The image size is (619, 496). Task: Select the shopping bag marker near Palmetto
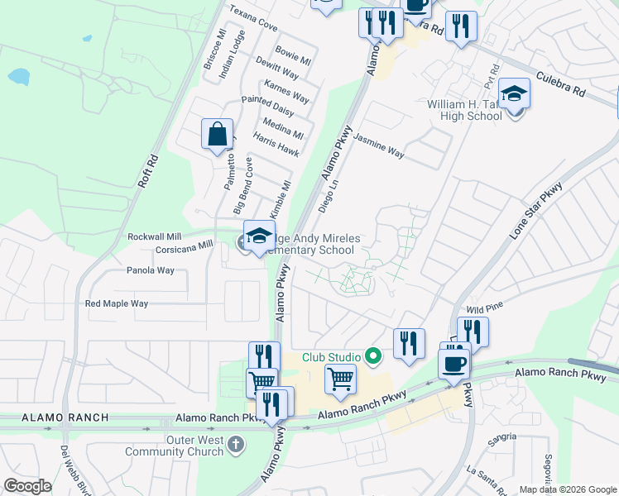pyautogui.click(x=217, y=134)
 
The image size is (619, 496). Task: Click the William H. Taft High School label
pyautogui.click(x=464, y=110)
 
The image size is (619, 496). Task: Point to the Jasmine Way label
pyautogui.click(x=379, y=147)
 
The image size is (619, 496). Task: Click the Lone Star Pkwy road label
pyautogui.click(x=535, y=212)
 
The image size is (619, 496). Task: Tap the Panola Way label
pyautogui.click(x=151, y=270)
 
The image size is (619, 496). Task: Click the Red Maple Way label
pyautogui.click(x=117, y=303)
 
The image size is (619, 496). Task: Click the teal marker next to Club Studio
pyautogui.click(x=372, y=357)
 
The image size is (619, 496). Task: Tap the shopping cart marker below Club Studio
pyautogui.click(x=340, y=379)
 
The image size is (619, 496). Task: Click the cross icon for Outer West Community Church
pyautogui.click(x=236, y=446)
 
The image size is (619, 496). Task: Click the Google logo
pyautogui.click(x=27, y=486)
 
